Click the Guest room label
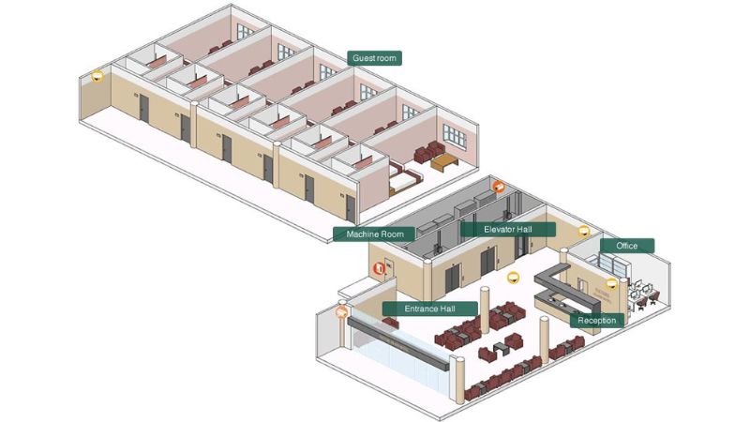[x=374, y=58]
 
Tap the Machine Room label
[x=374, y=234]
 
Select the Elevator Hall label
[x=507, y=230]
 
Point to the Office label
[x=626, y=246]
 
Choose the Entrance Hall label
[x=429, y=309]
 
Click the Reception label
[x=596, y=321]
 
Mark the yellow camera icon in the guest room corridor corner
[x=97, y=76]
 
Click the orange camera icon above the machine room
[x=499, y=187]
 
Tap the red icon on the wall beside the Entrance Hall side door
[x=380, y=268]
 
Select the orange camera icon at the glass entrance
[x=341, y=313]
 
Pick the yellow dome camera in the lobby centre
[x=513, y=278]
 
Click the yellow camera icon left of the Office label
[x=583, y=232]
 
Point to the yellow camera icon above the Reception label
[x=612, y=284]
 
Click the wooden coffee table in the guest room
[x=444, y=162]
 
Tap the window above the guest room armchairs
[x=454, y=135]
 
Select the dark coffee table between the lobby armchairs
[x=500, y=349]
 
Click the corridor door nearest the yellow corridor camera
[x=143, y=108]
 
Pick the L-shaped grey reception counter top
[x=568, y=285]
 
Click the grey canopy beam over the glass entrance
[x=398, y=343]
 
